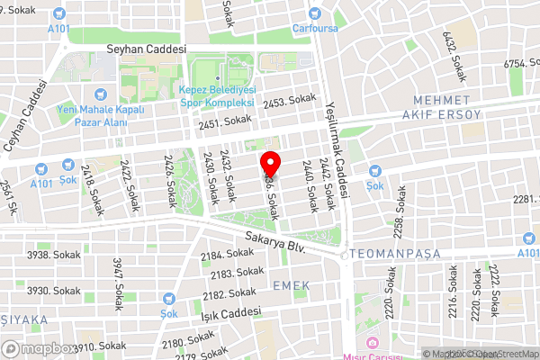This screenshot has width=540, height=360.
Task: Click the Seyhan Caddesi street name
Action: [x=145, y=49]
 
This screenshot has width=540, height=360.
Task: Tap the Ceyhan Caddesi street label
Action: [x=24, y=115]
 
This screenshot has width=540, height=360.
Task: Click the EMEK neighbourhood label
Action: [x=291, y=285]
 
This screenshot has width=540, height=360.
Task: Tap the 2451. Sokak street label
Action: [x=225, y=121]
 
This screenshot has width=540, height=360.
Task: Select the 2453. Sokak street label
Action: [x=288, y=103]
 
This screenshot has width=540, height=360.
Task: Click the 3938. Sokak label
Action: [x=52, y=255]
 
